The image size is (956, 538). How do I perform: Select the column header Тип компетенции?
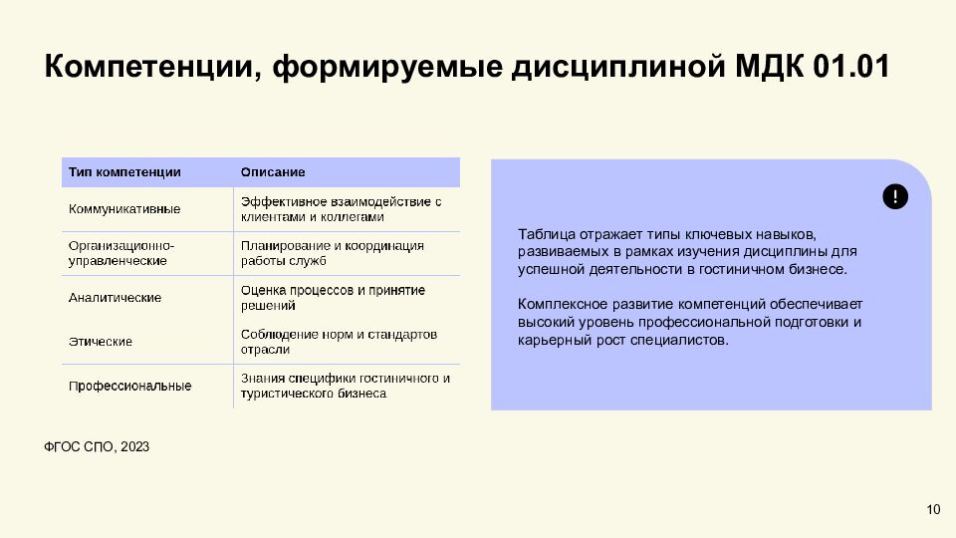coord(124,172)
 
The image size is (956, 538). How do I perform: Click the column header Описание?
coord(273,172)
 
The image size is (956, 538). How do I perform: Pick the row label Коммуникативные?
coord(124,209)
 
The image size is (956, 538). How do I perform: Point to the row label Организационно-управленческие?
coord(121,253)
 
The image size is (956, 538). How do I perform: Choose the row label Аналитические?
coord(115,298)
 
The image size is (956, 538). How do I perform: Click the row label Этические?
coord(101,342)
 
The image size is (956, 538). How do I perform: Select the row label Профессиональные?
coord(130,386)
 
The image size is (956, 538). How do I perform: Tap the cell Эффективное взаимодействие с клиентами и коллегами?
coord(341,209)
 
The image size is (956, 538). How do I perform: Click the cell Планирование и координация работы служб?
coord(333,253)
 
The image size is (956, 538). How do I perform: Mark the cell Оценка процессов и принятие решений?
coord(333,298)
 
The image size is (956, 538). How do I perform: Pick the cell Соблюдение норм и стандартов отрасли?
coord(339,342)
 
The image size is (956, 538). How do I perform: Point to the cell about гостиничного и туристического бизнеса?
coord(346,386)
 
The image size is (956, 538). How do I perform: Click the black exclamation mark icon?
coord(895,196)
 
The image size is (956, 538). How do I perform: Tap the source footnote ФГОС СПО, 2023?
coord(97,447)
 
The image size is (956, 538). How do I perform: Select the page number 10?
coord(933,510)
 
